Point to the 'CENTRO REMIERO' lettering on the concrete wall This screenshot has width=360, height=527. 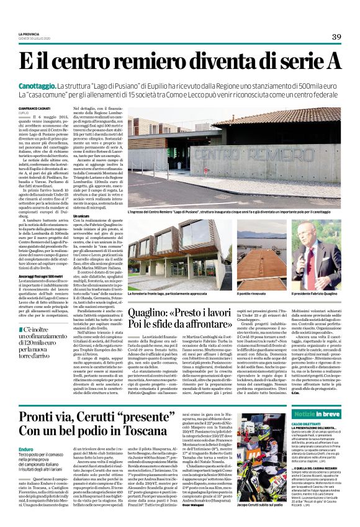[x=205, y=153]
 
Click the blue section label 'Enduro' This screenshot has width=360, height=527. [x=26, y=448]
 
